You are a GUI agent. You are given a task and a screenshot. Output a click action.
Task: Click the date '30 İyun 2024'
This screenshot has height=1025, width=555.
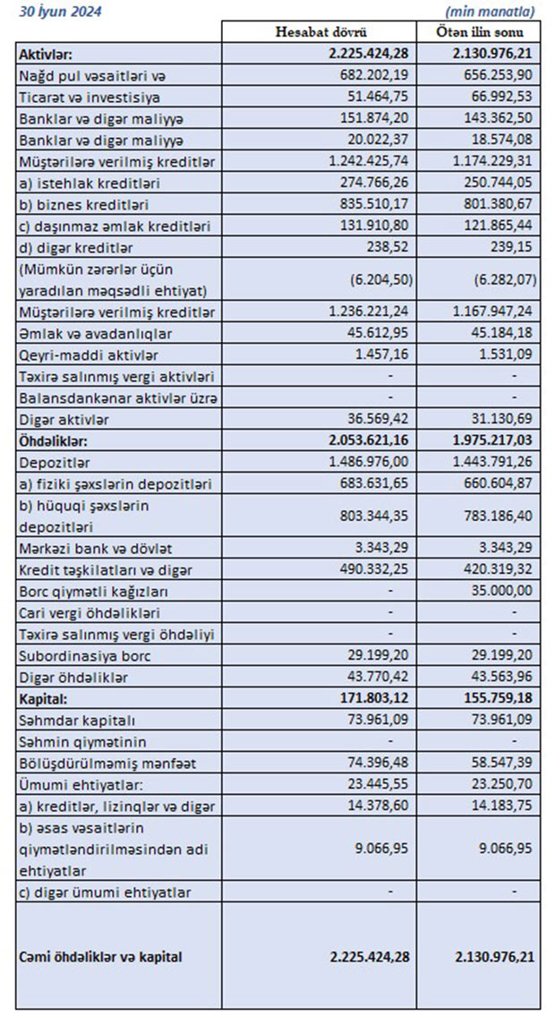click(x=59, y=11)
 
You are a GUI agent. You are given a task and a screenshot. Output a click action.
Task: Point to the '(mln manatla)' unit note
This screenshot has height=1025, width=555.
click(x=491, y=12)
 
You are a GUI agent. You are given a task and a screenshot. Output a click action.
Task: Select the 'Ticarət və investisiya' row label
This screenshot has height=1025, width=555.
click(x=89, y=97)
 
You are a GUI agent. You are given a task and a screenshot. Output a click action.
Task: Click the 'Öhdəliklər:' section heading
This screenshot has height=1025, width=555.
click(x=55, y=441)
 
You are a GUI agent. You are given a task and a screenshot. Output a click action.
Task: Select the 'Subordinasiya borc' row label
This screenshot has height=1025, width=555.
click(x=79, y=656)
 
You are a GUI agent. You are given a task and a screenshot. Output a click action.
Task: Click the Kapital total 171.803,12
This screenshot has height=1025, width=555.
click(x=370, y=699)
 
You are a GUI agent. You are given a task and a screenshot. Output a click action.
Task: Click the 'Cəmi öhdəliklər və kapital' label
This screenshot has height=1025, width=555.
click(x=100, y=957)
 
